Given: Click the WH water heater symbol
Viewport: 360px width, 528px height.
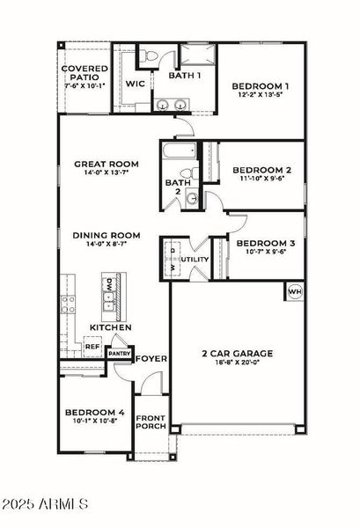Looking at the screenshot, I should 295,291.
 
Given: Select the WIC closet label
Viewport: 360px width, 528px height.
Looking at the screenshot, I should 136,84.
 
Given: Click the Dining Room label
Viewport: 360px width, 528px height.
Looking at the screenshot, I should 107,235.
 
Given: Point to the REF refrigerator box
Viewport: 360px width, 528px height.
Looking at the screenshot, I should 92,347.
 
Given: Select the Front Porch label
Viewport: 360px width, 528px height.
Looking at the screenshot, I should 150,423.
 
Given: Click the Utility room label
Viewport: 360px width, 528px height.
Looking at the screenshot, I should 195,260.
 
